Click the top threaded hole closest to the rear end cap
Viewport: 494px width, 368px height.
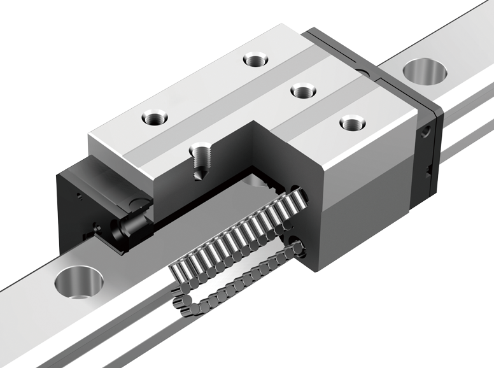(349, 122)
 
